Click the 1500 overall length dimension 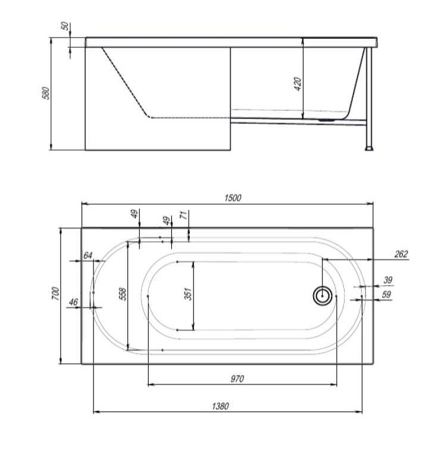pyautogui.click(x=233, y=198)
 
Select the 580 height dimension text pyautogui.click(x=46, y=93)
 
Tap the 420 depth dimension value pyautogui.click(x=298, y=84)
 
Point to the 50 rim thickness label pyautogui.click(x=65, y=26)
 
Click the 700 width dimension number pyautogui.click(x=55, y=293)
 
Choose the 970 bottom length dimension pyautogui.click(x=237, y=379)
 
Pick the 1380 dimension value pyautogui.click(x=221, y=406)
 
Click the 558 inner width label pyautogui.click(x=123, y=293)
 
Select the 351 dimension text pyautogui.click(x=188, y=294)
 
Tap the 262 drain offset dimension pyautogui.click(x=401, y=254)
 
